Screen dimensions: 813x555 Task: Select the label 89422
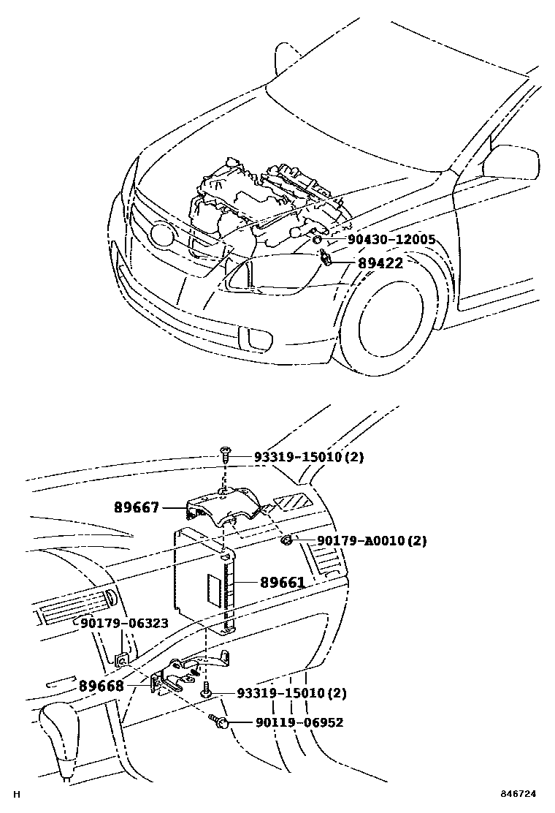pyautogui.click(x=380, y=263)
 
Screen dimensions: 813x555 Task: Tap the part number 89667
pyautogui.click(x=137, y=506)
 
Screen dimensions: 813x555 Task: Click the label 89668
pyautogui.click(x=102, y=687)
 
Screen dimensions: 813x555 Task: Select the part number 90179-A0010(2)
pyautogui.click(x=371, y=541)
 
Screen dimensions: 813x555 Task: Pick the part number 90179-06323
pyautogui.click(x=124, y=623)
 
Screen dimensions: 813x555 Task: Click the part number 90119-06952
pyautogui.click(x=299, y=722)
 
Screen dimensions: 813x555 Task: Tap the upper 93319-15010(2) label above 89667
pyautogui.click(x=308, y=457)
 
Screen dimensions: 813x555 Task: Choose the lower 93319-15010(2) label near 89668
pyautogui.click(x=291, y=692)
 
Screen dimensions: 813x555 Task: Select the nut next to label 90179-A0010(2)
pyautogui.click(x=287, y=541)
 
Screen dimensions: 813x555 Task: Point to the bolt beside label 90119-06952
pyautogui.click(x=220, y=722)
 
